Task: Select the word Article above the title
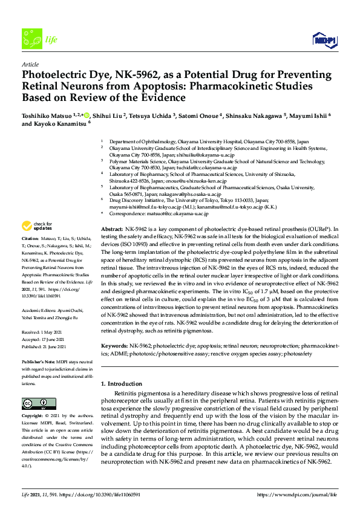30,64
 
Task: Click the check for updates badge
36,227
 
